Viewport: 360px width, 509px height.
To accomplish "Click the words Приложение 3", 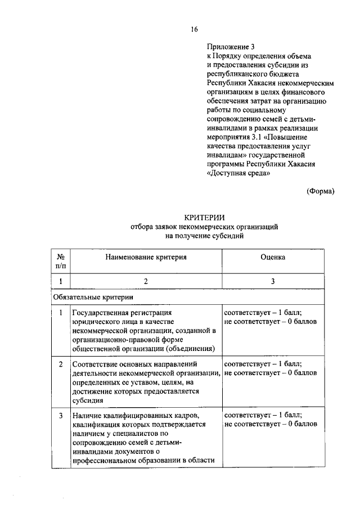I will [x=231, y=47].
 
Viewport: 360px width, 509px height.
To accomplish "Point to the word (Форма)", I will [x=321, y=191].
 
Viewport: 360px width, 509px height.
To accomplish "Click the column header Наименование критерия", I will [x=145, y=256].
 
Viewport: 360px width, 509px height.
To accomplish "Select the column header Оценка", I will [x=272, y=256].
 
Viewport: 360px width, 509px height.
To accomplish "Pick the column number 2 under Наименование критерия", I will [x=145, y=281].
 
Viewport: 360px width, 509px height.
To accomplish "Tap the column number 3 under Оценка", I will [x=272, y=281].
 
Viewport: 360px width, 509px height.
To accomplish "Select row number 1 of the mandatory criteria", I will [x=60, y=312].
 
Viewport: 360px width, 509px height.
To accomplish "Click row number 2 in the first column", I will [x=60, y=364].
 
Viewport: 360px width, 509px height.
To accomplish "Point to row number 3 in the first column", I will [x=60, y=416].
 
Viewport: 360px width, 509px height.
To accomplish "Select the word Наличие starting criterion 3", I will [x=86, y=416].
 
